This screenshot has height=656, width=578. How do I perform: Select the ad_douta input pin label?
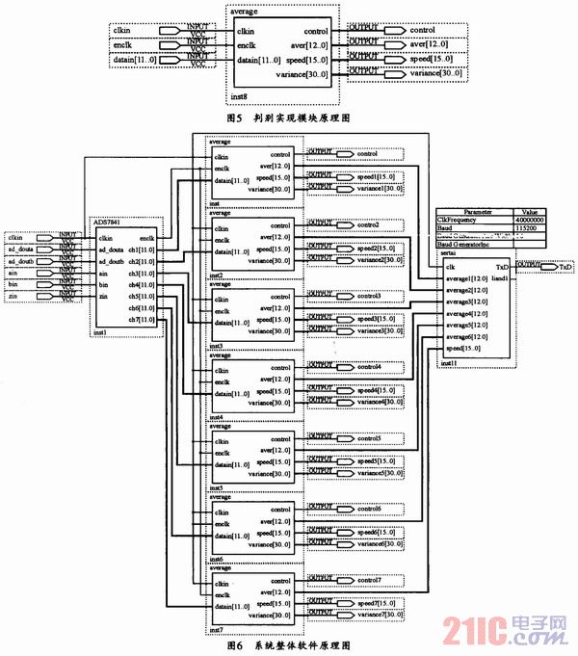coord(20,249)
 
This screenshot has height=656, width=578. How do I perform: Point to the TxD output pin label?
coord(565,266)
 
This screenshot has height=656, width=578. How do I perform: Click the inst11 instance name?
coord(449,362)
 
